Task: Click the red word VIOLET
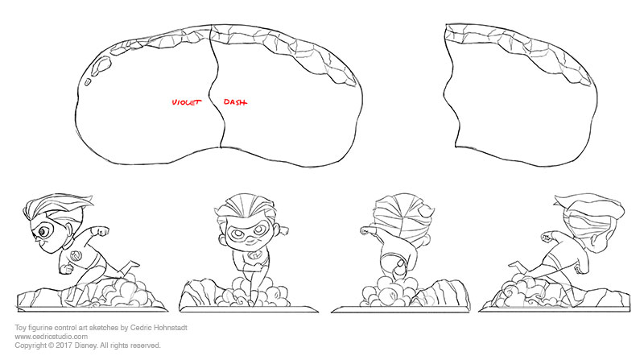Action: [x=187, y=102]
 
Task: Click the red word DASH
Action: [x=235, y=102]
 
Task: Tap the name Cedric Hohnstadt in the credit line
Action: [x=159, y=328]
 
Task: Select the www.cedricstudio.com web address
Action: [x=52, y=337]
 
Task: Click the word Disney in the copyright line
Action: [x=85, y=346]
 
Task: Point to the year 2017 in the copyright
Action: [x=64, y=346]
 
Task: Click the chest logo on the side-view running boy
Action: [x=75, y=255]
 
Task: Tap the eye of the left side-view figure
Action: [x=43, y=233]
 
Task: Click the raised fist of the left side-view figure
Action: [x=103, y=231]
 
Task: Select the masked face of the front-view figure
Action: [x=246, y=234]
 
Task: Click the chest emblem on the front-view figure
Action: [x=254, y=256]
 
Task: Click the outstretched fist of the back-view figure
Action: [x=366, y=230]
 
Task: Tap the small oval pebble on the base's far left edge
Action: [x=88, y=82]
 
